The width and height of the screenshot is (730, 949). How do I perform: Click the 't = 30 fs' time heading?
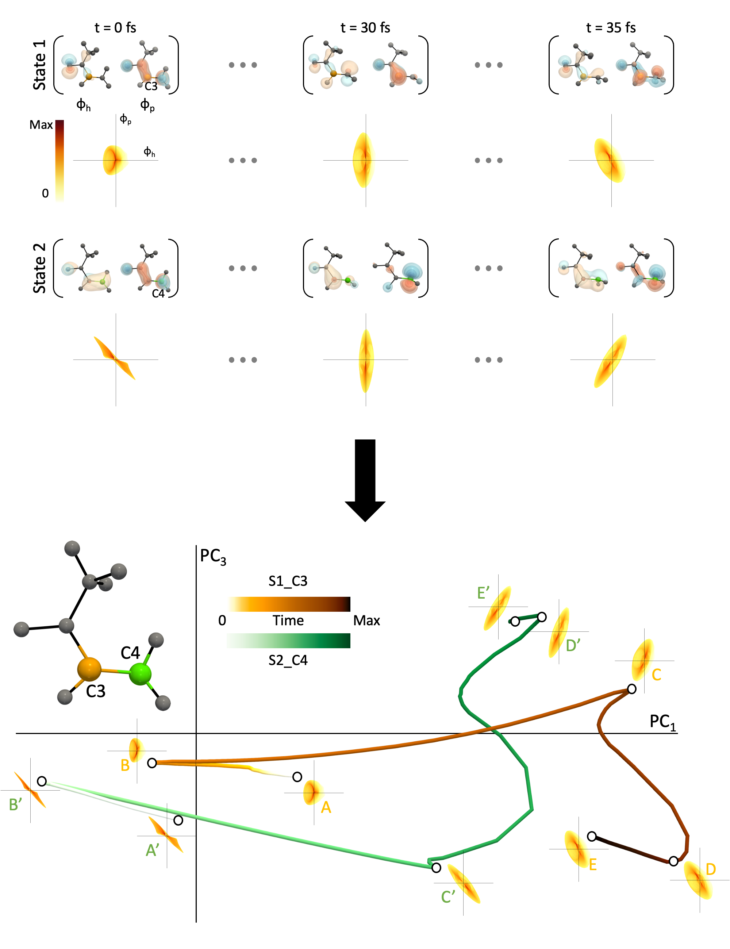click(365, 28)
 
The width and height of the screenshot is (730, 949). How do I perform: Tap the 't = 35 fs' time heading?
click(611, 28)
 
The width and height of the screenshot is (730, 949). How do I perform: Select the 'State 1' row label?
click(39, 65)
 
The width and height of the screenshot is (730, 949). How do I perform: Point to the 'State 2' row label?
click(39, 268)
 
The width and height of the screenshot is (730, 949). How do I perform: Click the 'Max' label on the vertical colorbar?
click(41, 125)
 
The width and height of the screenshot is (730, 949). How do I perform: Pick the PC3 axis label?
click(213, 556)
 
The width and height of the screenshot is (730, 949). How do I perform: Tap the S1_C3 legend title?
click(288, 581)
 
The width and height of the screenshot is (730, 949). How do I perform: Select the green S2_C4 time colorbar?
click(288, 641)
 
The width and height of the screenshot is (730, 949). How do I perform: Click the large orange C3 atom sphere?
click(89, 669)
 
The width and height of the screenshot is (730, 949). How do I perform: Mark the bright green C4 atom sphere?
click(140, 674)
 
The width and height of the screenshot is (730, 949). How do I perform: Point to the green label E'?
click(483, 593)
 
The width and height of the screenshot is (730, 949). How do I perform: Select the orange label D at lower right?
click(710, 869)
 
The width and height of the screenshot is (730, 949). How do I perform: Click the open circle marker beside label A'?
click(178, 821)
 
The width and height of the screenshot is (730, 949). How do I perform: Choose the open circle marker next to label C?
click(632, 689)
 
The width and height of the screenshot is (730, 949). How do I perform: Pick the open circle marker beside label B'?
click(42, 781)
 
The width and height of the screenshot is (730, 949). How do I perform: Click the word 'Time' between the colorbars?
click(288, 620)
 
